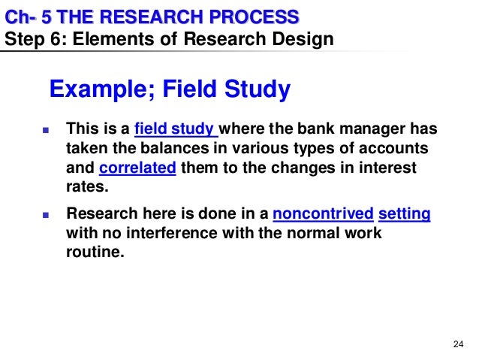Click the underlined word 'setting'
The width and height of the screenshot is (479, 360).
click(405, 214)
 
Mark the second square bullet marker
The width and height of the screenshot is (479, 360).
click(44, 215)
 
